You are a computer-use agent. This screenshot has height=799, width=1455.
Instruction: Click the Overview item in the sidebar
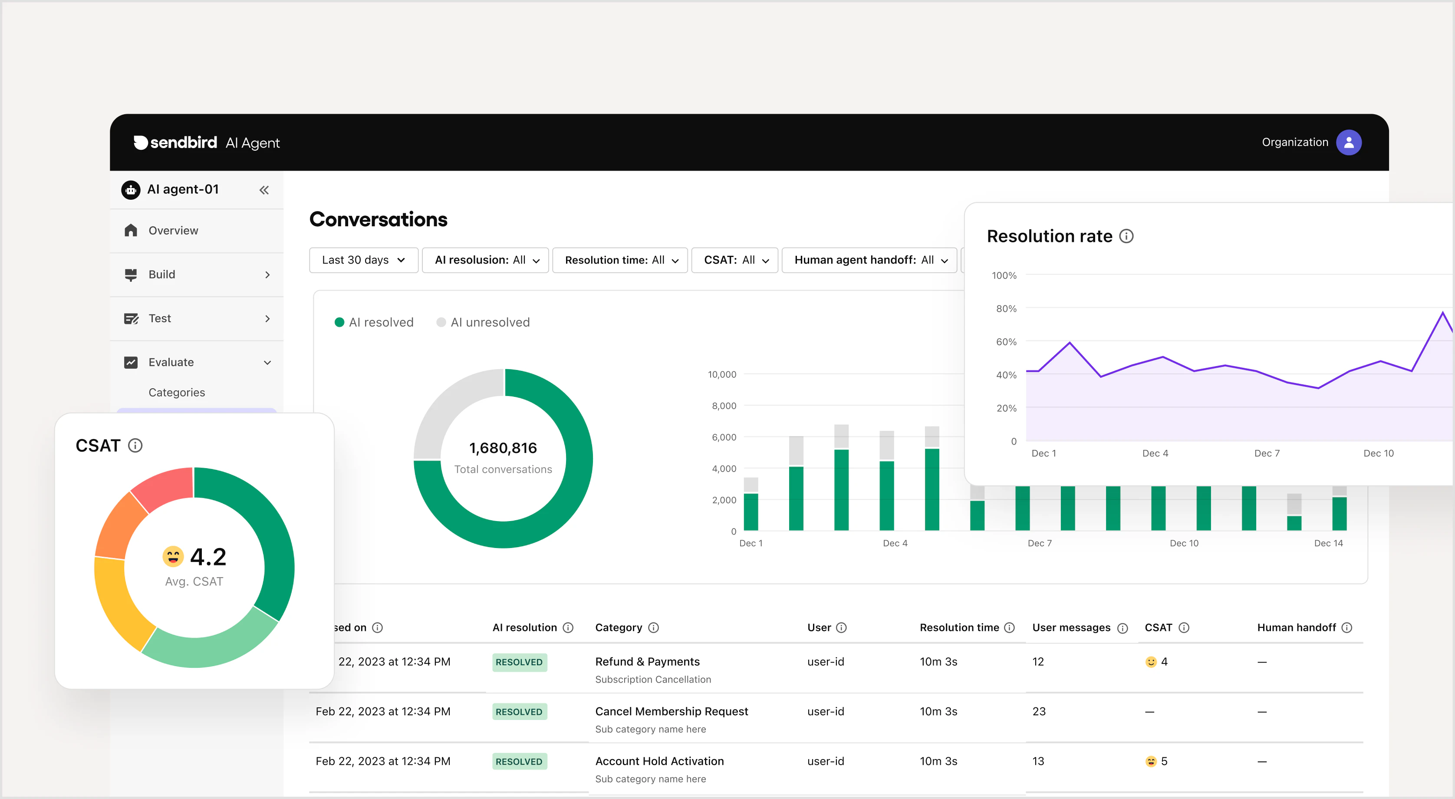[x=173, y=231]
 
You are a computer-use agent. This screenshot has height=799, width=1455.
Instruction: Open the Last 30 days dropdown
[x=363, y=260]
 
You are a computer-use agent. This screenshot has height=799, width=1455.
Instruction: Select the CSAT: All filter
[x=735, y=260]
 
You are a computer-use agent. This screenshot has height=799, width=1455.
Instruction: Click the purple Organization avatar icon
[x=1348, y=142]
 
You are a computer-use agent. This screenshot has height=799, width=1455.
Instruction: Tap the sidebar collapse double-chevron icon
[x=264, y=190]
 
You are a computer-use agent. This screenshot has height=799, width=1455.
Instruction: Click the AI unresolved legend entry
[x=484, y=322]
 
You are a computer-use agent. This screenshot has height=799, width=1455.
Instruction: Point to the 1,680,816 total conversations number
[x=503, y=448]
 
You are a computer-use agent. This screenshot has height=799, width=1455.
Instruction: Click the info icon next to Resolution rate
[x=1126, y=236]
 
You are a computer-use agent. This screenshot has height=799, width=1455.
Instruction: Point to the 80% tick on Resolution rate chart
[x=1006, y=308]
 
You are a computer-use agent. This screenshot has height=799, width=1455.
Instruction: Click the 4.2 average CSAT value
[x=208, y=557]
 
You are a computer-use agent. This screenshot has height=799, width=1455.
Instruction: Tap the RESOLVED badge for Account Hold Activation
[x=519, y=761]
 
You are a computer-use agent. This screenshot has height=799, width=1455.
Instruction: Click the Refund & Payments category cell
[x=647, y=662]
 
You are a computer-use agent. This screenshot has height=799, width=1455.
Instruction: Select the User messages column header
[x=1071, y=628]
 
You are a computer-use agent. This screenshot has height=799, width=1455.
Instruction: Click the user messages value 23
[x=1039, y=711]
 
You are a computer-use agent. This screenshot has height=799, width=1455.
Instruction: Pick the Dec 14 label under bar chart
[x=1328, y=543]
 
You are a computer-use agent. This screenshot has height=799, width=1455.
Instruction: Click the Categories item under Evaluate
[x=177, y=392]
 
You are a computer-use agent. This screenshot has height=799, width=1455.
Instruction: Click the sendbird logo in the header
[x=175, y=142]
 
